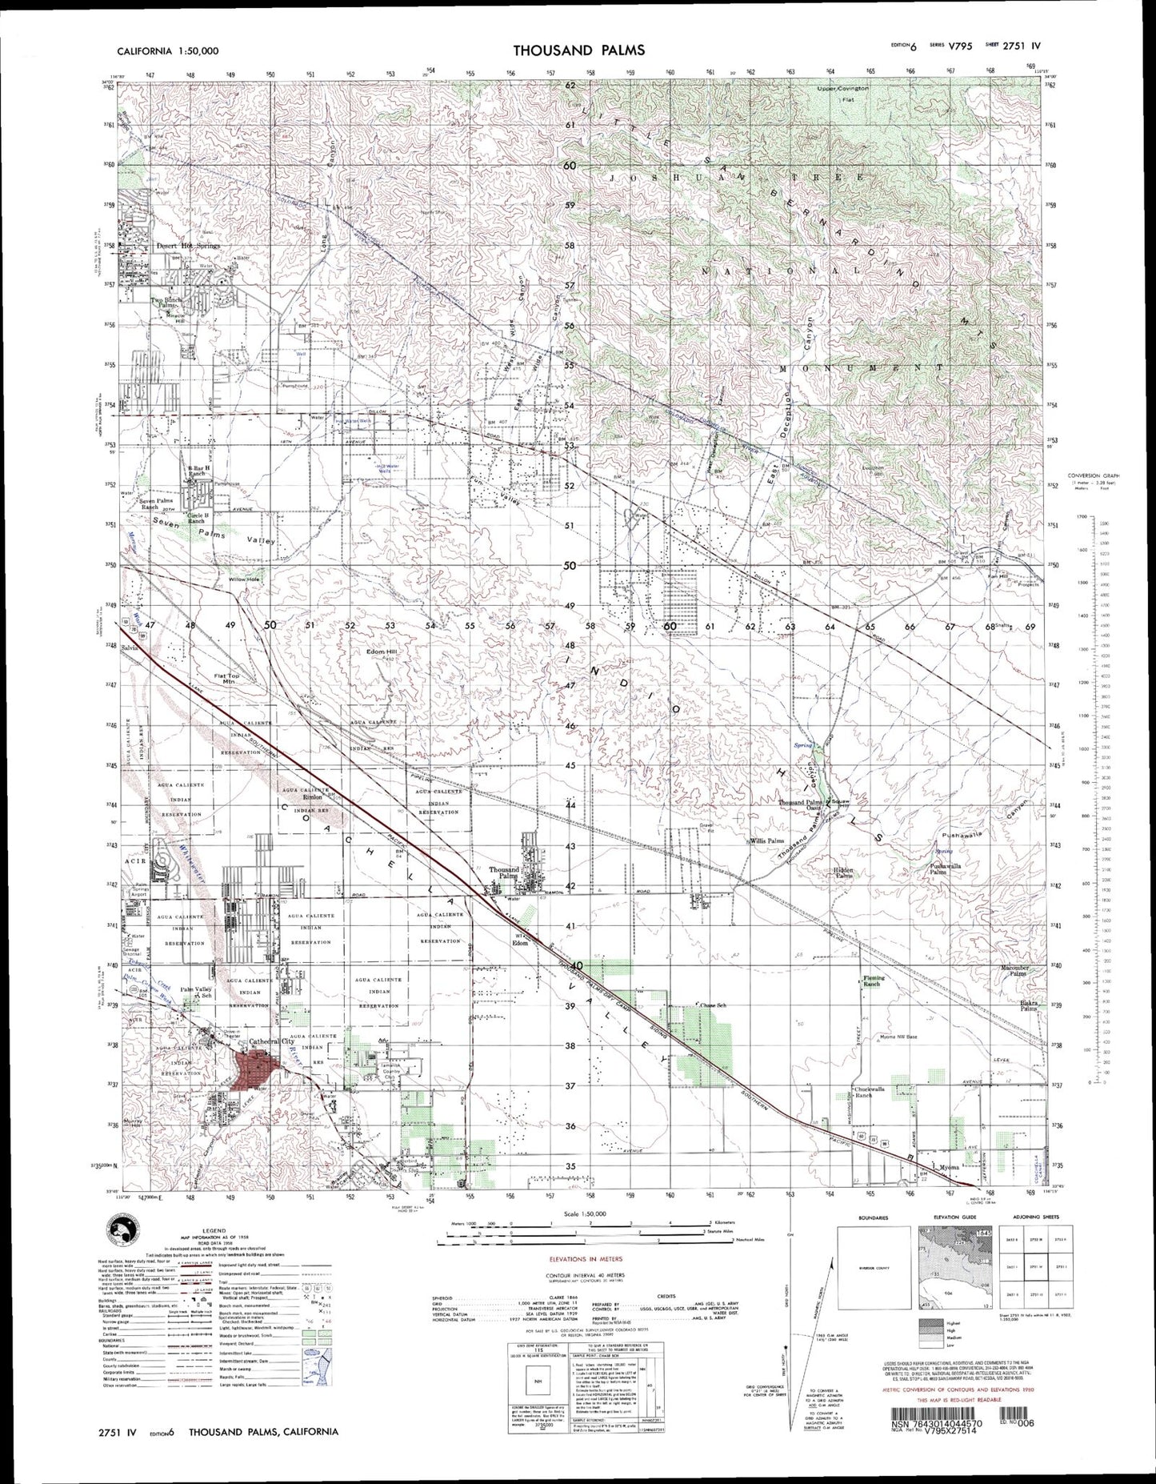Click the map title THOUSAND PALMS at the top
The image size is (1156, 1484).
tap(578, 50)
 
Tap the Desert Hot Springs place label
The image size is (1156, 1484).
tap(188, 246)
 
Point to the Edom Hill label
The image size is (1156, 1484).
tap(381, 652)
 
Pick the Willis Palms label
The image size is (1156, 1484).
tap(766, 841)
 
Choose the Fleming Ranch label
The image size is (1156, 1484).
tap(871, 981)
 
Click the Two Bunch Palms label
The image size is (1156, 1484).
tap(167, 303)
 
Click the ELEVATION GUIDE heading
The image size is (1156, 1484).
tap(952, 1217)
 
